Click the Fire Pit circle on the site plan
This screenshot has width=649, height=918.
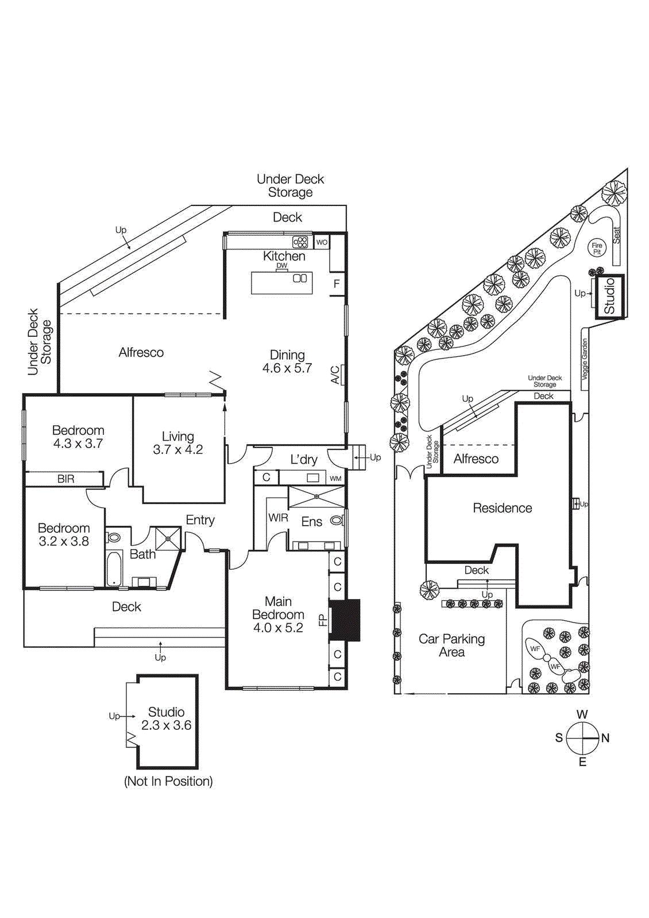pyautogui.click(x=597, y=248)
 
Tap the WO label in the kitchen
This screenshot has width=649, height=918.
pyautogui.click(x=322, y=242)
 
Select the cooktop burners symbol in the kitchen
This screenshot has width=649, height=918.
pyautogui.click(x=300, y=242)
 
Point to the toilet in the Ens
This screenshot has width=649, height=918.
pyautogui.click(x=338, y=521)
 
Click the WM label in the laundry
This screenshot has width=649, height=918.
pyautogui.click(x=335, y=479)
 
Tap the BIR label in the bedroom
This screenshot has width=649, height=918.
pyautogui.click(x=65, y=479)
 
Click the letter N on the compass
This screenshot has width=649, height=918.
pyautogui.click(x=605, y=738)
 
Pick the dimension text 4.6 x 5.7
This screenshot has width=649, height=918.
pyautogui.click(x=287, y=368)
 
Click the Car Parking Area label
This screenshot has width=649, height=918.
pyautogui.click(x=451, y=645)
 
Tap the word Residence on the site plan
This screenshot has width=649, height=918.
pyautogui.click(x=502, y=508)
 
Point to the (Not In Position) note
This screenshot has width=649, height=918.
pyautogui.click(x=168, y=781)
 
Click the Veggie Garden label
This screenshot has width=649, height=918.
pyautogui.click(x=585, y=359)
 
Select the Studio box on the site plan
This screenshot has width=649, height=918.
pyautogui.click(x=609, y=295)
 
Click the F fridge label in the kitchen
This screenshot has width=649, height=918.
pyautogui.click(x=337, y=284)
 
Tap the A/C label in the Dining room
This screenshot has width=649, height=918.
pyautogui.click(x=335, y=375)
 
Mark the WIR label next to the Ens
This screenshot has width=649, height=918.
pyautogui.click(x=278, y=518)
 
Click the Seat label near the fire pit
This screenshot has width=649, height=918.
pyautogui.click(x=617, y=235)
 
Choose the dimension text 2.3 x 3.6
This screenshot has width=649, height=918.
pyautogui.click(x=167, y=725)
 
